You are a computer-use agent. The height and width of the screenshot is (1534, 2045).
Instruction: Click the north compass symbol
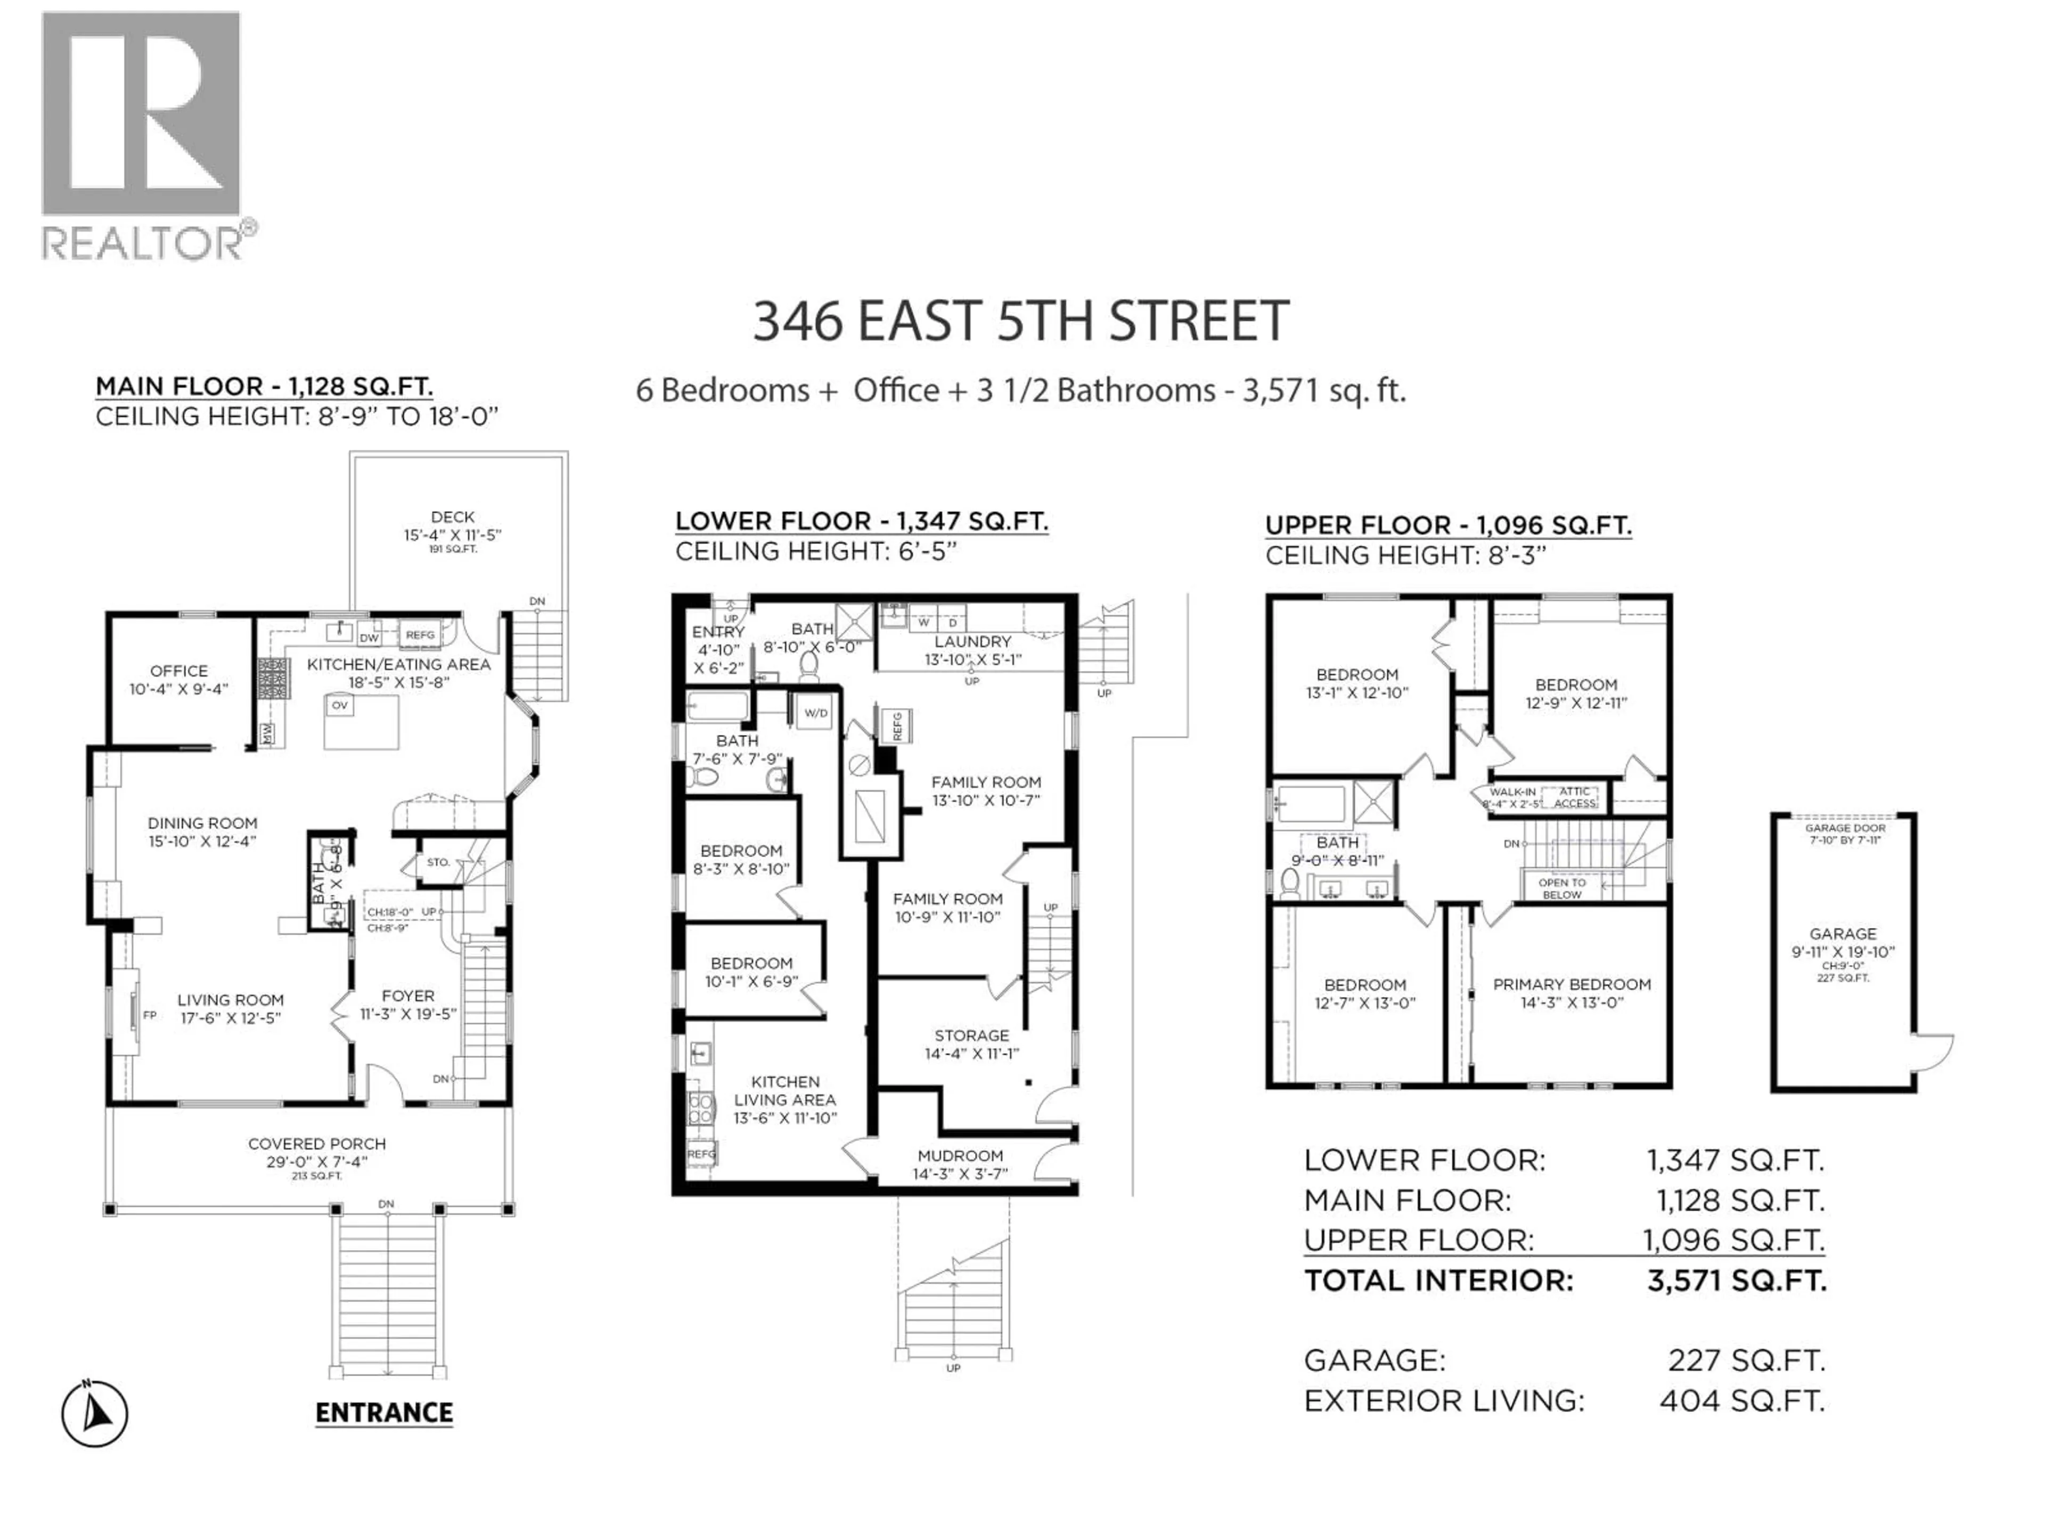click(95, 1413)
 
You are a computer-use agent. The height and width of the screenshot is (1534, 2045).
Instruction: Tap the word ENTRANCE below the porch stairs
click(383, 1413)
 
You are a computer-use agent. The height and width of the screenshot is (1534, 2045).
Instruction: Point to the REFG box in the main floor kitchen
click(420, 635)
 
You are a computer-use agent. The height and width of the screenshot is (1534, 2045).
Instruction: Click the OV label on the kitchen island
click(339, 706)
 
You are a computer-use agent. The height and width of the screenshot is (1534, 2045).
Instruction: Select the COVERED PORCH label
click(317, 1144)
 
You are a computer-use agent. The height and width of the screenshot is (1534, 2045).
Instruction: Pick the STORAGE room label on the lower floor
click(972, 1035)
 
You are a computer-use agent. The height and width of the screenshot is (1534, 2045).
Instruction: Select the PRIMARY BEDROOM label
click(1572, 985)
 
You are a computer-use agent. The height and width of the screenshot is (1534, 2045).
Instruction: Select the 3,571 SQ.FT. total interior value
click(1736, 1280)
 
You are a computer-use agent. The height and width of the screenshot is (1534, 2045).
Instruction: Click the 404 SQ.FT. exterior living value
click(1742, 1401)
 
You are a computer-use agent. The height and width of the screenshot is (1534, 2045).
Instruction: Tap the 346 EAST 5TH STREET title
click(1021, 321)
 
